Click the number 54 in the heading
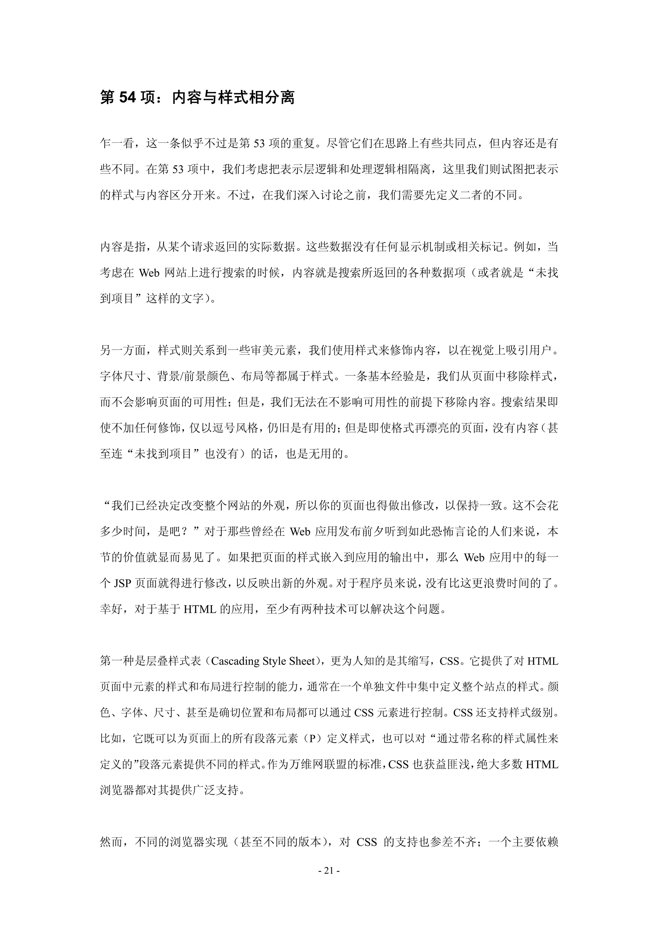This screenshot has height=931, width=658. [127, 98]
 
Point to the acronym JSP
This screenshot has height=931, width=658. [122, 584]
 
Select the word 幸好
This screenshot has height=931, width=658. [111, 609]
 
